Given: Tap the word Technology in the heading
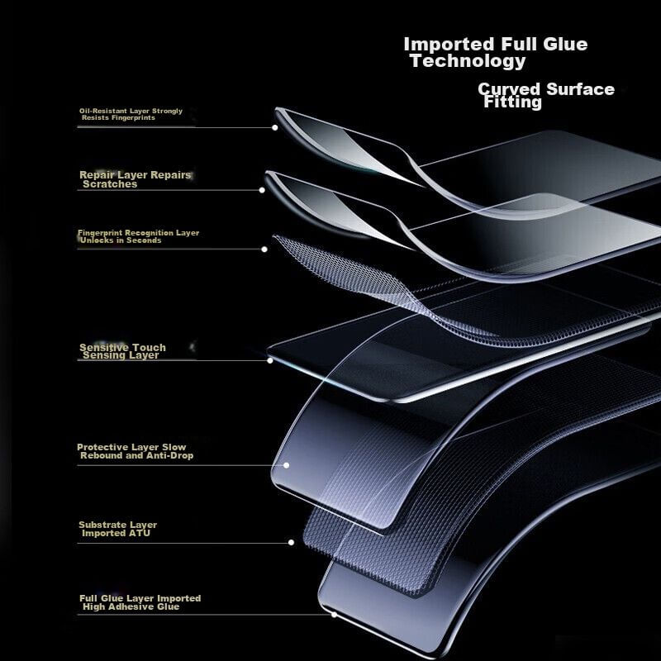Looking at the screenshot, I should tap(468, 61).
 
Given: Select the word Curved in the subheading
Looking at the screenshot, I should tap(509, 88).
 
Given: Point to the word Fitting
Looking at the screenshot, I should tap(513, 102).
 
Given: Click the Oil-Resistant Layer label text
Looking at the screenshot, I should tap(131, 114).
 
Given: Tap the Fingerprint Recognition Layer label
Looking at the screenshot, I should tap(138, 236).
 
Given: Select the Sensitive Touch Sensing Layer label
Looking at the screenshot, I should tap(122, 351).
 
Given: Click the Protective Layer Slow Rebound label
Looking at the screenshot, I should tap(135, 451).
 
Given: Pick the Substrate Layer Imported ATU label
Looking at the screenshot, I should tap(117, 529).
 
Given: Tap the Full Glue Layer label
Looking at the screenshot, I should tap(139, 602).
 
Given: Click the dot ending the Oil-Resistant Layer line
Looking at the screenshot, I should tap(274, 127).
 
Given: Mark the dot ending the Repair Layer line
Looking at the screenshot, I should tap(262, 190).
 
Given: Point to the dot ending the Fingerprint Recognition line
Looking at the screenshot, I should tap(264, 249).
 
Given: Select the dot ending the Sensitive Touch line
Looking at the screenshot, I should tap(269, 360).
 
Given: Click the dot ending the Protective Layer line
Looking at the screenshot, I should tap(286, 464).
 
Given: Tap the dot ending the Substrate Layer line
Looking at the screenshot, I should tap(291, 543).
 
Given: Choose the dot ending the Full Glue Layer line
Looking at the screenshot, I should tap(334, 614).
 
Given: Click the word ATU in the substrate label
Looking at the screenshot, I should tap(140, 534).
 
